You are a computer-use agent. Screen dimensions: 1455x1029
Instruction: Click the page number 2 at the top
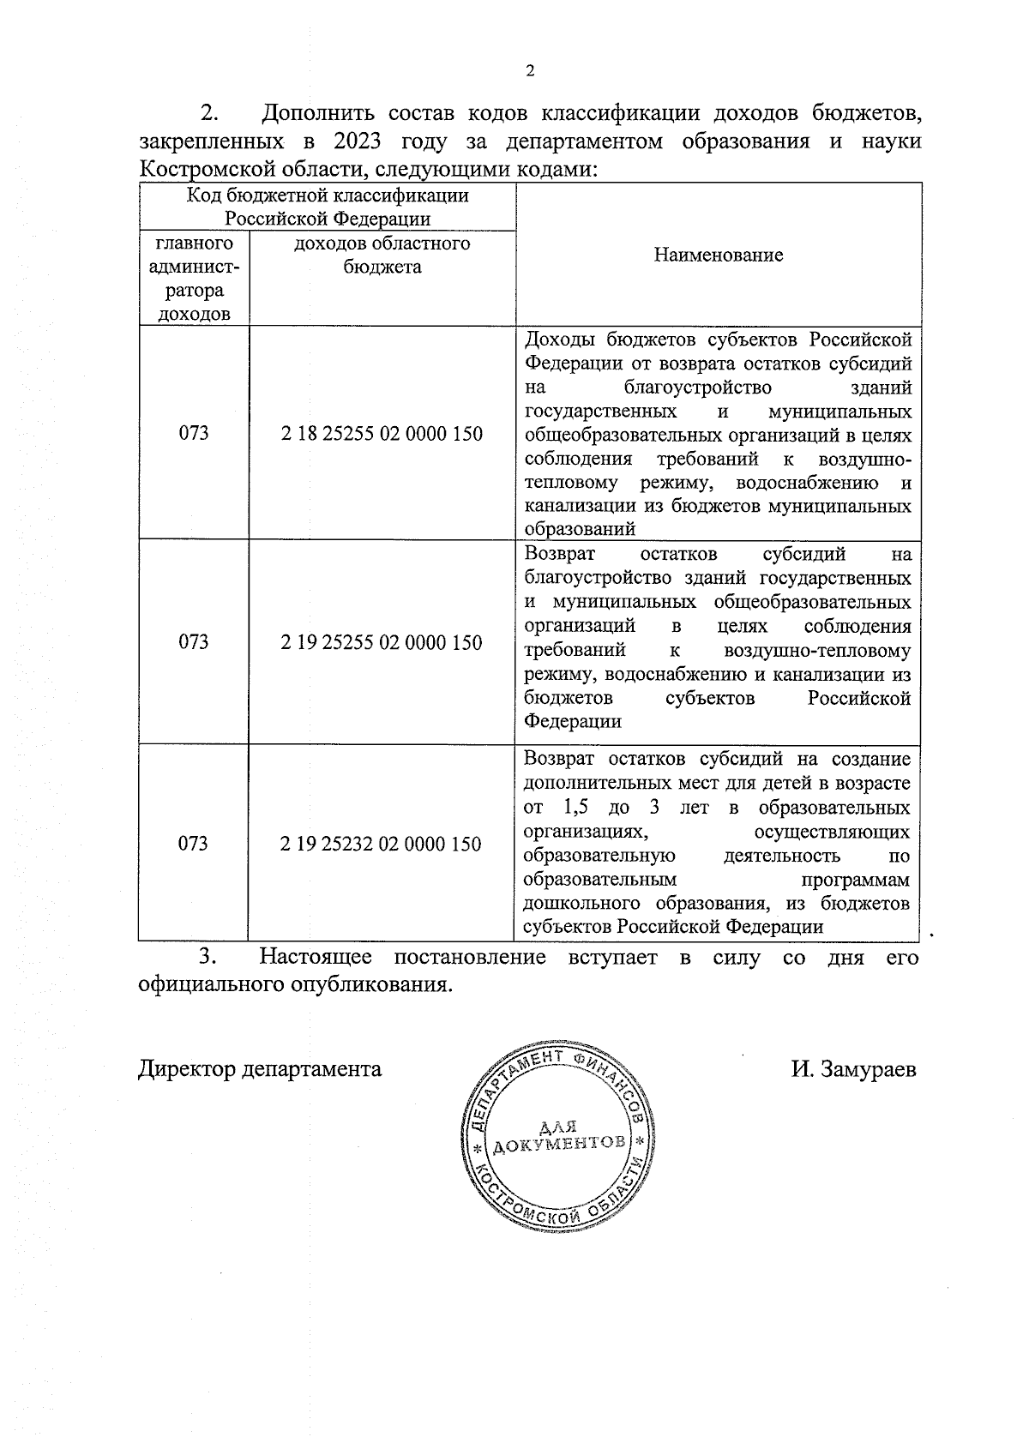point(529,71)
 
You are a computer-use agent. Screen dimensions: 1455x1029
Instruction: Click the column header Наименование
point(718,255)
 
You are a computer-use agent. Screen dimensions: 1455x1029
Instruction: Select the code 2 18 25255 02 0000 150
point(382,434)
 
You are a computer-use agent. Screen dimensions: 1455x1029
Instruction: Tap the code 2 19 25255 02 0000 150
point(382,642)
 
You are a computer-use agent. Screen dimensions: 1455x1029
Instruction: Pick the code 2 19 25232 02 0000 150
point(382,844)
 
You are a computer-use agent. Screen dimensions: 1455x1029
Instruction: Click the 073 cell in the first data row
point(194,434)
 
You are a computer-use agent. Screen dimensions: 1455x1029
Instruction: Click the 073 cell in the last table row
point(194,844)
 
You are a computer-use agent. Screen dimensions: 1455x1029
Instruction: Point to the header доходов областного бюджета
point(382,255)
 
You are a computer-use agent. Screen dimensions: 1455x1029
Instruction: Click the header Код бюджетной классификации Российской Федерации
point(328,207)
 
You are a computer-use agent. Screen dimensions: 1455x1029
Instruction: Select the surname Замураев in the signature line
point(868,1070)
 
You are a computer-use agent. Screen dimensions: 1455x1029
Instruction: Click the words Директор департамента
point(260,1070)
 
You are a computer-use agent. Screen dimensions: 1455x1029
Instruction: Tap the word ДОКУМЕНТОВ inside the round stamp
point(561,1145)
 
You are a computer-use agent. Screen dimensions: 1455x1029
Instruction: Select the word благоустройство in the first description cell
point(699,387)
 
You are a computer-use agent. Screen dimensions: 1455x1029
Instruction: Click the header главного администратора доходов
point(194,279)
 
